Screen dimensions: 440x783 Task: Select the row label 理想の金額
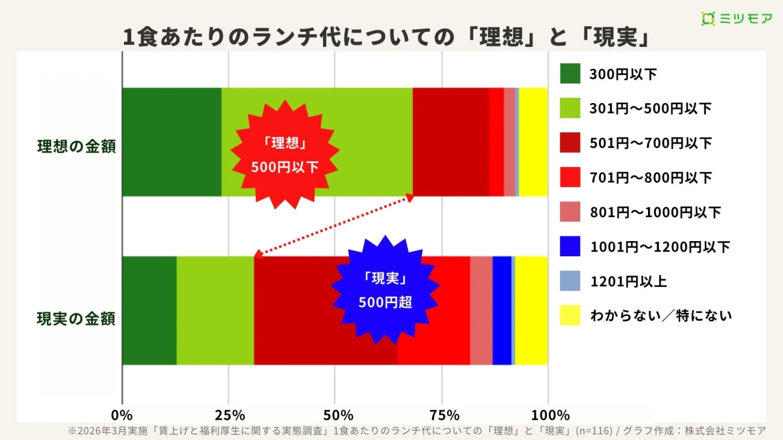[x=76, y=146]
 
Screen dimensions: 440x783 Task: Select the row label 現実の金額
[x=76, y=319]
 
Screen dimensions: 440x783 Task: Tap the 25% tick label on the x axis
[x=228, y=415]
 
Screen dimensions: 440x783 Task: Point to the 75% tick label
[x=442, y=415]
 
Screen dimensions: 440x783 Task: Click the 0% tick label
[x=122, y=415]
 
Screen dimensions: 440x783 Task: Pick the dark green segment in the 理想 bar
[x=172, y=141]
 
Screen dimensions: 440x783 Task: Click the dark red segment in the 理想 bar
[x=450, y=141]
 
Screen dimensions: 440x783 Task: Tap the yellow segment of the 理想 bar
[x=533, y=141]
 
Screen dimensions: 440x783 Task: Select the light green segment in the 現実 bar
[x=215, y=310]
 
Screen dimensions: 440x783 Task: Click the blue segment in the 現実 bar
[x=502, y=310]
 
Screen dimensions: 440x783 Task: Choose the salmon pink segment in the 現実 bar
[x=481, y=310]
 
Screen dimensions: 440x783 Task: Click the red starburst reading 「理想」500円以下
[x=284, y=154]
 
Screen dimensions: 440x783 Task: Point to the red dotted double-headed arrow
[x=333, y=226]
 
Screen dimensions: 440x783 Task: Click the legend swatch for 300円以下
[x=570, y=74]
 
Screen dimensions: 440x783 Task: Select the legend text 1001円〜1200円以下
[x=660, y=246]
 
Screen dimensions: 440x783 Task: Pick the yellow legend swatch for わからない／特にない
[x=570, y=315]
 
